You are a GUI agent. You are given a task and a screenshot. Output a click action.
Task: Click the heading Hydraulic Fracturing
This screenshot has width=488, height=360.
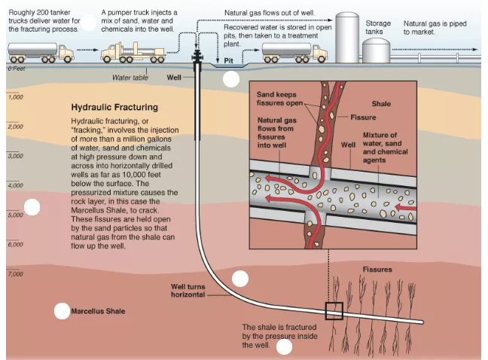[114, 108]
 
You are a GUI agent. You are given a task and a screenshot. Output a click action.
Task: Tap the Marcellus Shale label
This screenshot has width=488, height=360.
[98, 311]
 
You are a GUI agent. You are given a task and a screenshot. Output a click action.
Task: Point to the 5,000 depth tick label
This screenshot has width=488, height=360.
[16, 215]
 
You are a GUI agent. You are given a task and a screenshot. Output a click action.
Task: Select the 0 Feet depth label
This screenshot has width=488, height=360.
[17, 69]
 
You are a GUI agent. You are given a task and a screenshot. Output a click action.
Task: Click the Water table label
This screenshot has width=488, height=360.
[130, 78]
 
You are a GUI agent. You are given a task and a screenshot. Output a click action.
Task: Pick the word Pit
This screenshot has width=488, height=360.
[228, 61]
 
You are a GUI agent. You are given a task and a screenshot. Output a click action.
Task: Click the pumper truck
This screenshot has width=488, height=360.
[133, 52]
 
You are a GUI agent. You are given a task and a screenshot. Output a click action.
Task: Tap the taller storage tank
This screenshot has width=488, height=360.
[347, 38]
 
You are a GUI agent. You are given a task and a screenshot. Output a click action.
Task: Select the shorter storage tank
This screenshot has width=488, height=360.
[376, 50]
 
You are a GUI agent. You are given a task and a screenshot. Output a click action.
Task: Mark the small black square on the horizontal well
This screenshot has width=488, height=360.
[334, 311]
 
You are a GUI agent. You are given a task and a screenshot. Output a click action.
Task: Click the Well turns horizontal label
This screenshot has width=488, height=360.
[188, 291]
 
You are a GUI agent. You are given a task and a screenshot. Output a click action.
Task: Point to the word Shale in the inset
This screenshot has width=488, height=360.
[381, 104]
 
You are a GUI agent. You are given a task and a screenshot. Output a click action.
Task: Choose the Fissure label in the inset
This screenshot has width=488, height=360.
[363, 117]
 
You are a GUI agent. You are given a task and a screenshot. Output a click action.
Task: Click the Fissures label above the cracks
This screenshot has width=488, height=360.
[377, 270]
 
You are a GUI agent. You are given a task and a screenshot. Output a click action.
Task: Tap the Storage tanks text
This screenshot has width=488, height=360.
[378, 27]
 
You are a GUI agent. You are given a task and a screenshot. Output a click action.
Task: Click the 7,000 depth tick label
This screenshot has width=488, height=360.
[16, 274]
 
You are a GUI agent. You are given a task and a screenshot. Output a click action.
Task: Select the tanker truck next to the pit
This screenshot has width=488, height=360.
[294, 52]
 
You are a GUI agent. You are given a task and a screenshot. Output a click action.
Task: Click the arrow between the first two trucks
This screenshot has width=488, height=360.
[87, 50]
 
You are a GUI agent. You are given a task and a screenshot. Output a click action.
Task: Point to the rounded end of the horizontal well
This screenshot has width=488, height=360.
[422, 322]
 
